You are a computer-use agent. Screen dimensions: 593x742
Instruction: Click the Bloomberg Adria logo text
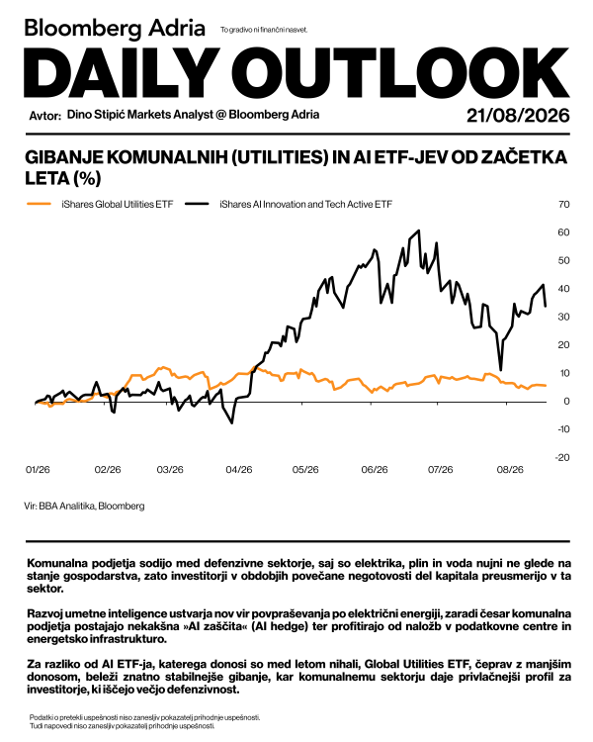[115, 29]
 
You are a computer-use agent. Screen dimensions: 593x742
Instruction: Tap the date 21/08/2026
[518, 116]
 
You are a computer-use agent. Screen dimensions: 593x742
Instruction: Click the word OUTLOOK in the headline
[406, 72]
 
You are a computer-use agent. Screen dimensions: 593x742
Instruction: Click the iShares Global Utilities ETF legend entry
[100, 204]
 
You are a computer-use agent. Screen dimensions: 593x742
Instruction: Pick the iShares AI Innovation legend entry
[289, 204]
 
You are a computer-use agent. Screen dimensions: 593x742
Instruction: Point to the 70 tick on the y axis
[563, 205]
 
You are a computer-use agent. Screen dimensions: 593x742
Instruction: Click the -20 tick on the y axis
[561, 458]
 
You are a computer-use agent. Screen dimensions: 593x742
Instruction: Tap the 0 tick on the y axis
[566, 402]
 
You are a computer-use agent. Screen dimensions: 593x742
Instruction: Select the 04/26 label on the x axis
[239, 470]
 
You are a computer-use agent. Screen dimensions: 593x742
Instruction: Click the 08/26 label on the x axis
[510, 470]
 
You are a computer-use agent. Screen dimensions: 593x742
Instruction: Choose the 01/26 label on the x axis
[38, 470]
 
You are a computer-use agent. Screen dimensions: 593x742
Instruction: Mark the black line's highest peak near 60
[418, 231]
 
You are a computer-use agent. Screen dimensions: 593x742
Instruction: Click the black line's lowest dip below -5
[231, 422]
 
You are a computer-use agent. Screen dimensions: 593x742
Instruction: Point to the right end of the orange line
[546, 386]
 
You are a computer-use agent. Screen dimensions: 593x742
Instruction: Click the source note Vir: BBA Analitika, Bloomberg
[84, 506]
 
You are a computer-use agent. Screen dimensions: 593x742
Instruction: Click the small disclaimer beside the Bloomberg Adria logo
[264, 30]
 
